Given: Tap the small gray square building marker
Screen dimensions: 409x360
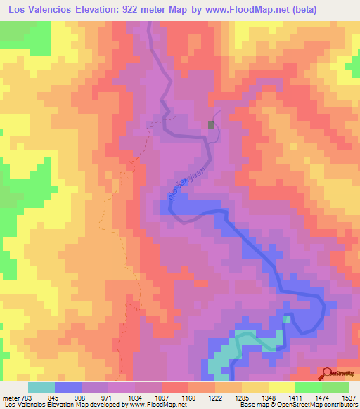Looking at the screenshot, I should tap(211, 124).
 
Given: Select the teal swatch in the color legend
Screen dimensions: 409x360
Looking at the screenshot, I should tap(41, 387).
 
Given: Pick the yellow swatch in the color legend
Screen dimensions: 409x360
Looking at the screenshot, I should tap(282, 387).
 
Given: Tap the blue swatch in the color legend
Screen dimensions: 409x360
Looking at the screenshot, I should tap(68, 387).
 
